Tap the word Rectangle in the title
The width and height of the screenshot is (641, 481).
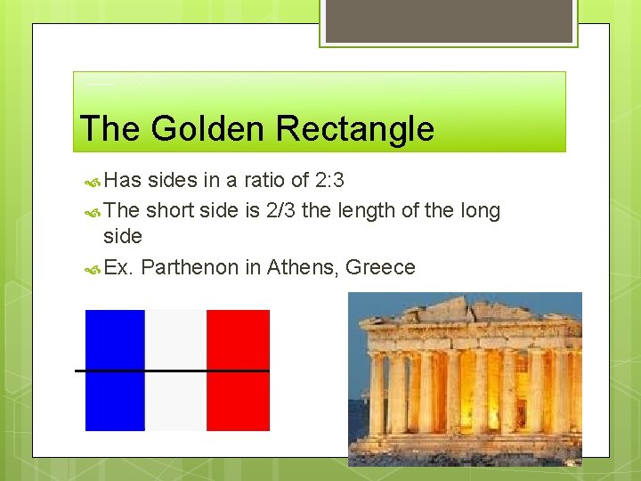(355, 129)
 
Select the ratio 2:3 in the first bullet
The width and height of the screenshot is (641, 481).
(330, 181)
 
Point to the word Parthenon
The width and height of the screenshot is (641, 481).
(190, 267)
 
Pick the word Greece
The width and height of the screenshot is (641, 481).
(380, 267)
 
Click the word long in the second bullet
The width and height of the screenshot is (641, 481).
(481, 211)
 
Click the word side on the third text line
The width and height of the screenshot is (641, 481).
(123, 236)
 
